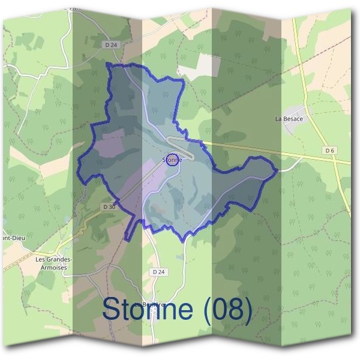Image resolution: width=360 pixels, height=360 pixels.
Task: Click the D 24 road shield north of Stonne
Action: (109, 44)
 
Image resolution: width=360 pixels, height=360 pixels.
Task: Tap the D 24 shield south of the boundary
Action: (158, 272)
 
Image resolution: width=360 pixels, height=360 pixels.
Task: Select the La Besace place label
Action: (289, 119)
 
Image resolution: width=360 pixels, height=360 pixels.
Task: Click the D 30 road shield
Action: (109, 206)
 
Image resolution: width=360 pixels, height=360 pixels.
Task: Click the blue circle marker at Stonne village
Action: (173, 160)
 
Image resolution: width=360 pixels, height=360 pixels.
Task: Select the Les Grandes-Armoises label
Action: (54, 263)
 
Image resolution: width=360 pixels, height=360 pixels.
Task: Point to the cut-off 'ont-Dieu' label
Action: (12, 236)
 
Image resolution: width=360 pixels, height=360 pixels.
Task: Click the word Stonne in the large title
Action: (149, 309)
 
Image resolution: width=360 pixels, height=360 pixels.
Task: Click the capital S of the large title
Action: (111, 309)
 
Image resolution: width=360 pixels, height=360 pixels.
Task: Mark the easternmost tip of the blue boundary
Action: (277, 170)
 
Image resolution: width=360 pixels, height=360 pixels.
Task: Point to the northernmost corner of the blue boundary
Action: (108, 63)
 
